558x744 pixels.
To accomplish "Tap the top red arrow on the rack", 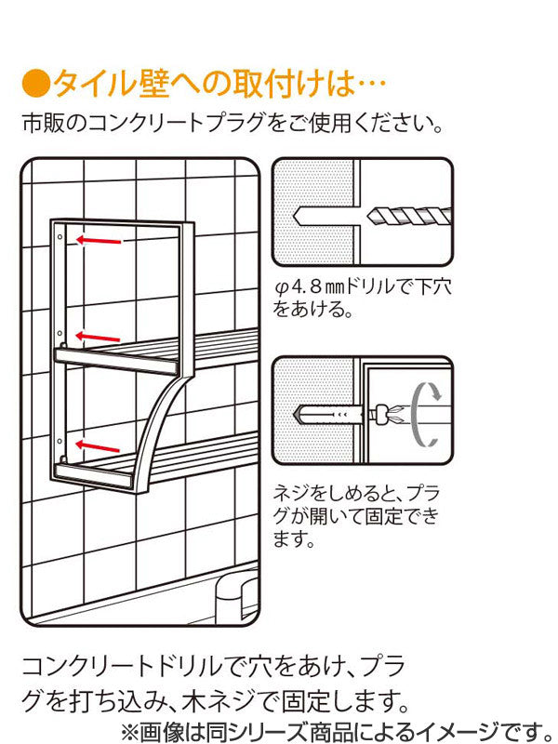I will tap(99, 241).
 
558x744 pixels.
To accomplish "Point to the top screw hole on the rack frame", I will tap(59, 238).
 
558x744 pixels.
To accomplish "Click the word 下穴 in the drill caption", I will tap(432, 288).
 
